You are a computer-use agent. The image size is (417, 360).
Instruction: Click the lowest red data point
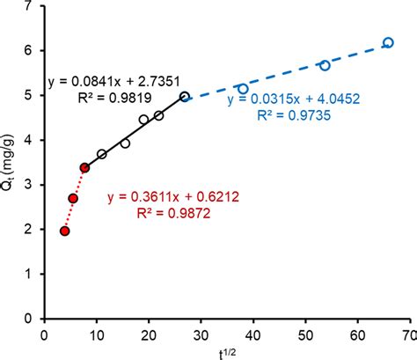coord(64,231)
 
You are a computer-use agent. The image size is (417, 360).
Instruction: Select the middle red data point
coord(73,198)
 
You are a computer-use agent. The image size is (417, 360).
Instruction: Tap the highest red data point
coord(84,167)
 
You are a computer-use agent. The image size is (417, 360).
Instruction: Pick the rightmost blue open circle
coord(388,42)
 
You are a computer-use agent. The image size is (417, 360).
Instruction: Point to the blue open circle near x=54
coord(325,65)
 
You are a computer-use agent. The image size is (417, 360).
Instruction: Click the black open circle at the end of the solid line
coord(185,96)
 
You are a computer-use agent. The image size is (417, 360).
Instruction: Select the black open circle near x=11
coord(102,154)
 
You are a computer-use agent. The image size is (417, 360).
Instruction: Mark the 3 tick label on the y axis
coord(33,185)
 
